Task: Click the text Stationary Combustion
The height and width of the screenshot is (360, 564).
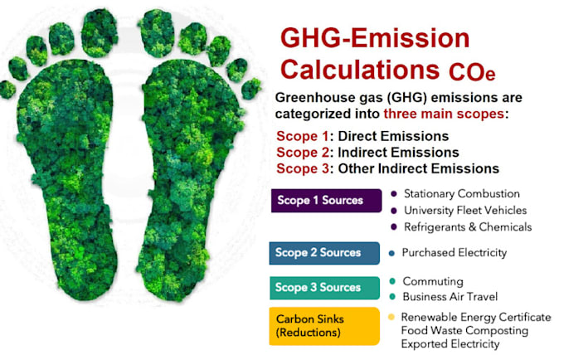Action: (x=461, y=193)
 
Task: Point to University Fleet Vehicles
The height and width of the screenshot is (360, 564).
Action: (x=461, y=210)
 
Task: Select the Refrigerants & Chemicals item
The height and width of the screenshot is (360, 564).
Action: (x=466, y=226)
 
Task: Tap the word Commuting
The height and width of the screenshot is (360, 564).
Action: (x=432, y=281)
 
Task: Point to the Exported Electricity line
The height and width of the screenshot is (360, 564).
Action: (x=450, y=343)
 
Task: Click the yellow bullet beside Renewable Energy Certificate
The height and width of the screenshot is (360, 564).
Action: (x=391, y=317)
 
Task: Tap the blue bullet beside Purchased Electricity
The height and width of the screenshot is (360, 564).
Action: (x=391, y=252)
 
